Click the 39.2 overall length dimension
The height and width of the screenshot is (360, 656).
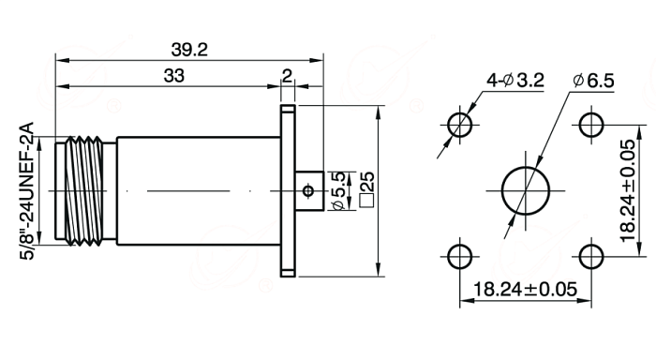pos(189,51)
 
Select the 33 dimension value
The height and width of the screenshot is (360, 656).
pos(173,76)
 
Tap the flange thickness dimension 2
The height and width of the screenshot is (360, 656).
pos(287,76)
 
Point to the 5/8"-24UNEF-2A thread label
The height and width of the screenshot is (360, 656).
pos(27,191)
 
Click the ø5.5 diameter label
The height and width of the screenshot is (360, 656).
pos(338,191)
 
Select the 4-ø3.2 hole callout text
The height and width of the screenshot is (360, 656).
pos(515,80)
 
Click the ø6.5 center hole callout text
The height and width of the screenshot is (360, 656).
pos(593,81)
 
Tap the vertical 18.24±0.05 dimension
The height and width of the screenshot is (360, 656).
pos(628,191)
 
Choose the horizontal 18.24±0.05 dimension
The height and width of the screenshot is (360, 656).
pos(525,290)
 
